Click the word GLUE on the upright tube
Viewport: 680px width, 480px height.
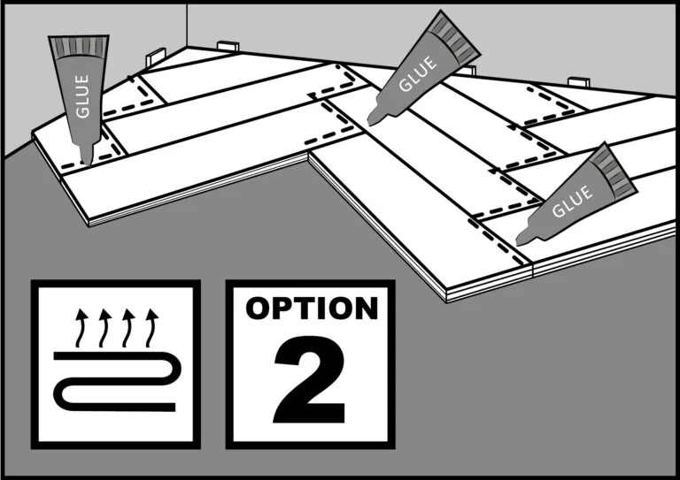[x=82, y=96]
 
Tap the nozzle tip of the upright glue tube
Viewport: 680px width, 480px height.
[x=88, y=164]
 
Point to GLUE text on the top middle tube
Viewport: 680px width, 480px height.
[x=417, y=74]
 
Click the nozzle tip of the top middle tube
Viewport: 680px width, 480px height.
[x=370, y=123]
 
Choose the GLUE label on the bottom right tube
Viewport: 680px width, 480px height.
[x=572, y=202]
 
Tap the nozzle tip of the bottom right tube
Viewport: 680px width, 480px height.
[x=519, y=243]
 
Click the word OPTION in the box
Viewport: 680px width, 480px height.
[x=312, y=309]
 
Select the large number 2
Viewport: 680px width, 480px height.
[x=310, y=379]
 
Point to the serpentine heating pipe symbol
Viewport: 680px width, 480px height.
[x=117, y=381]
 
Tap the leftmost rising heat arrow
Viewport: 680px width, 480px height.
[x=81, y=328]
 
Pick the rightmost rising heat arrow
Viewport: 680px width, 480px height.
[x=151, y=328]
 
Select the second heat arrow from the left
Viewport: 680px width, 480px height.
[x=104, y=328]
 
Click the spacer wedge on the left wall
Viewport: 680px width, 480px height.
[x=156, y=57]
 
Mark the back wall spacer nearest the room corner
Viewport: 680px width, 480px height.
[x=228, y=46]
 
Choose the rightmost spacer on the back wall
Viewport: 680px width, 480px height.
[x=578, y=82]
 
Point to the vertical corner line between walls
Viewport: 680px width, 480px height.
[x=187, y=25]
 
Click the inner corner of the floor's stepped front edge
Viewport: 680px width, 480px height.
[x=308, y=153]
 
